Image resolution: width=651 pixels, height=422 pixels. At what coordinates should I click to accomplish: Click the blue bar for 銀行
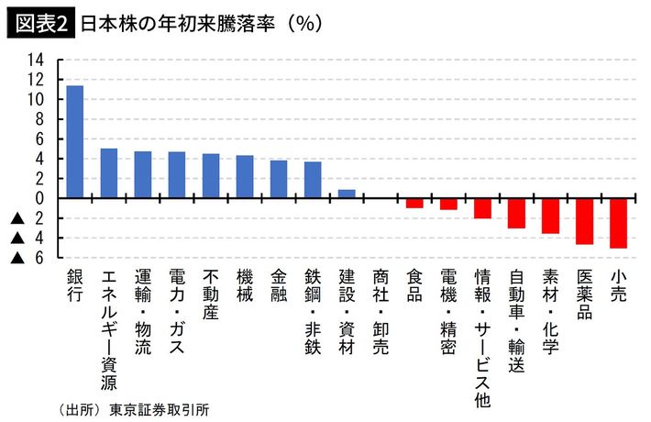(x=75, y=141)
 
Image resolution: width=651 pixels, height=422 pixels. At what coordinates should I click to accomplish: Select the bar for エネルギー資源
(x=109, y=173)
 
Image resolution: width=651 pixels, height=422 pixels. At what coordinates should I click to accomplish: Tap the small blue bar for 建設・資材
(x=347, y=194)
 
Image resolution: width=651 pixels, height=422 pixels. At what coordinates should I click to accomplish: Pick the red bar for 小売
(x=618, y=223)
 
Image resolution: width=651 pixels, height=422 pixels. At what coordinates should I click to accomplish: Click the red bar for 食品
(x=414, y=203)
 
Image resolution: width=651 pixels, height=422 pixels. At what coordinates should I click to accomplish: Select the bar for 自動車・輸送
(x=516, y=213)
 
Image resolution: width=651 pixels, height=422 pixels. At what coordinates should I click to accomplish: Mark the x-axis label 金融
(x=279, y=287)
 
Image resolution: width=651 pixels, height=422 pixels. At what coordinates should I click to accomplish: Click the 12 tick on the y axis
(x=37, y=80)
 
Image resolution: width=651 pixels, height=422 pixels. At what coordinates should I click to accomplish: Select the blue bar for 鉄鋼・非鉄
(x=313, y=180)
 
